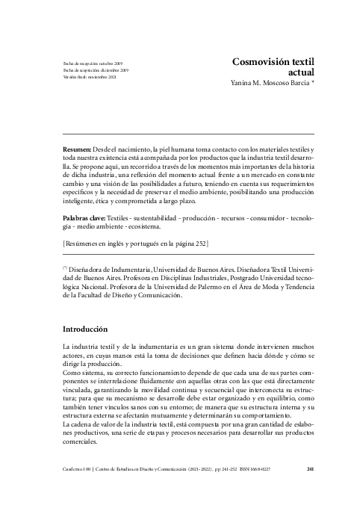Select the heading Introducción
[x=86, y=329]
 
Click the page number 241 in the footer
[x=310, y=470]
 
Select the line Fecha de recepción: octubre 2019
[x=92, y=64]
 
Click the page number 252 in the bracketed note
[x=199, y=243]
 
